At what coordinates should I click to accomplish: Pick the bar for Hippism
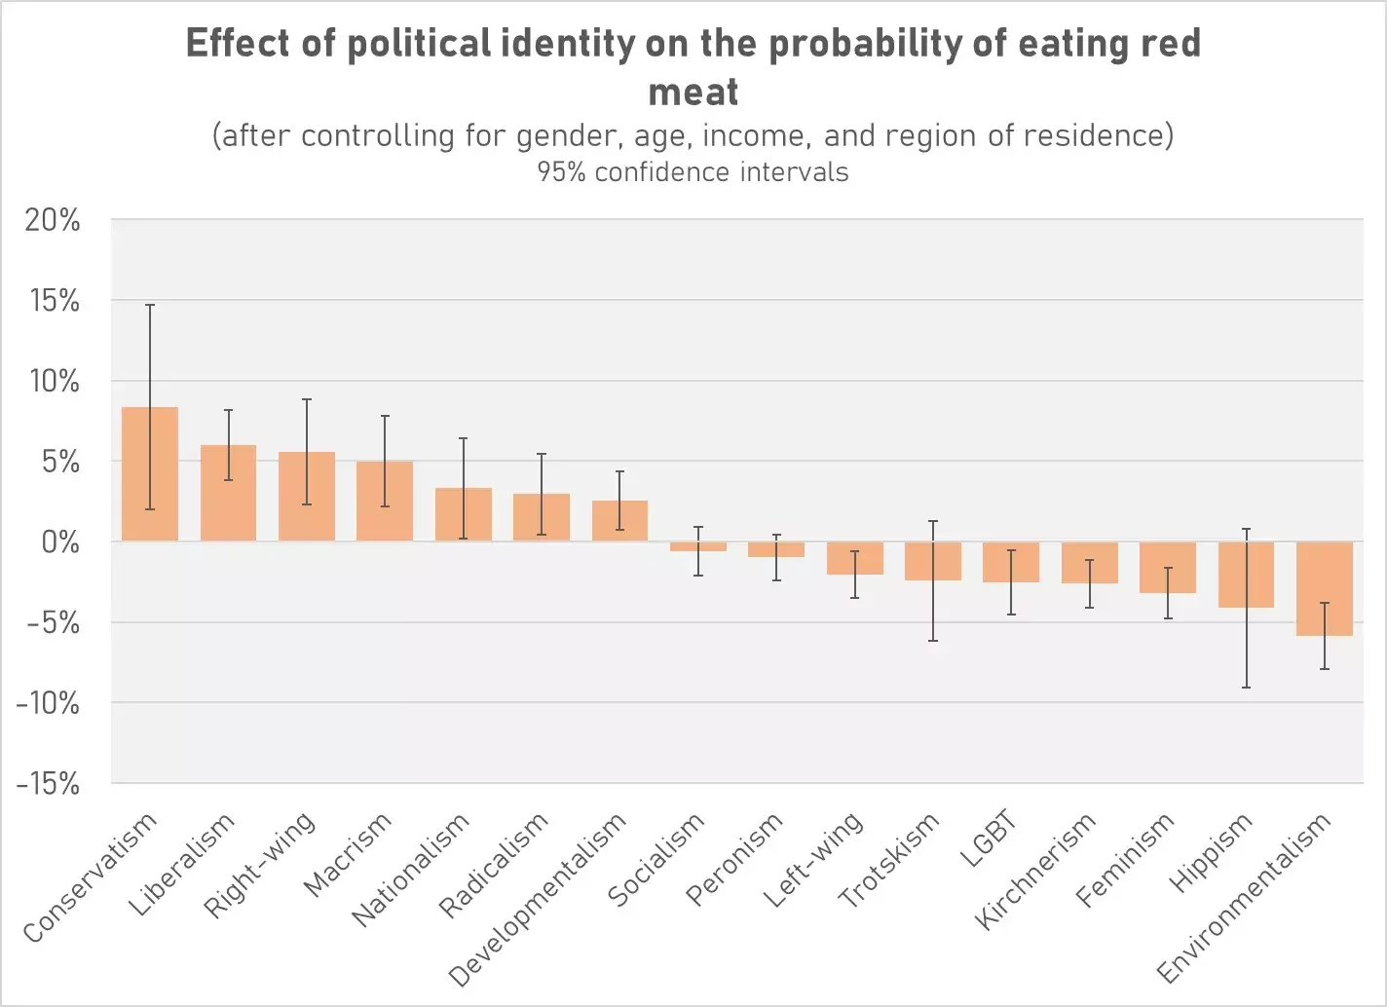[x=1246, y=575]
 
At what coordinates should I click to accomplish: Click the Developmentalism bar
[x=619, y=521]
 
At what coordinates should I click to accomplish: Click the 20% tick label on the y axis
[x=53, y=221]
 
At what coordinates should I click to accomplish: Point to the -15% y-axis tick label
[x=48, y=784]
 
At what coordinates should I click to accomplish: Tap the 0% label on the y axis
[x=60, y=542]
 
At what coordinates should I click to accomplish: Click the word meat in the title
[x=693, y=92]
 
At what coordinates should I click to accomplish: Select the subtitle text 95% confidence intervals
[x=693, y=172]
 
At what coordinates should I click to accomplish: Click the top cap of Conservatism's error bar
[x=150, y=305]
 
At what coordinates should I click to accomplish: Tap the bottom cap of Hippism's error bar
[x=1246, y=688]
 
